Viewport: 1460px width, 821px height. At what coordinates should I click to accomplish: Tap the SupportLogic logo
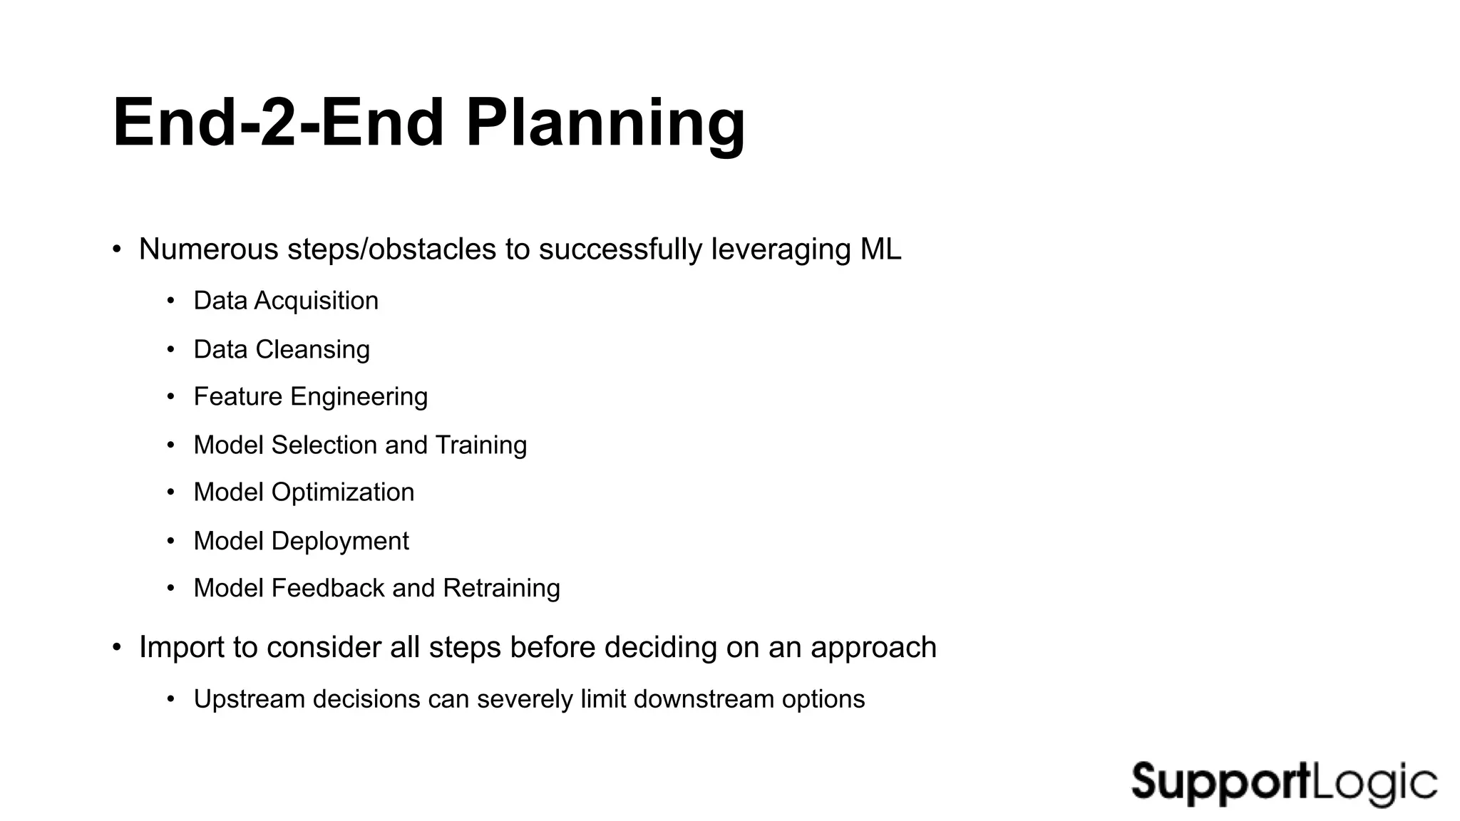pos(1284,783)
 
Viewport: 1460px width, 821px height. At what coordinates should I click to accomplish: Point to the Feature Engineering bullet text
pos(310,397)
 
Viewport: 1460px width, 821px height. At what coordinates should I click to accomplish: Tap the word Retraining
pos(501,588)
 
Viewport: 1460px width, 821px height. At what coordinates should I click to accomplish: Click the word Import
pos(181,647)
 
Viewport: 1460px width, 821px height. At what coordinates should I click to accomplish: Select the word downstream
pos(703,699)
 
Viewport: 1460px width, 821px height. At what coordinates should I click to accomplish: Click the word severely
pos(524,699)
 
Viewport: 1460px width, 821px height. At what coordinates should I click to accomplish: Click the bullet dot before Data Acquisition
pos(170,301)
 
